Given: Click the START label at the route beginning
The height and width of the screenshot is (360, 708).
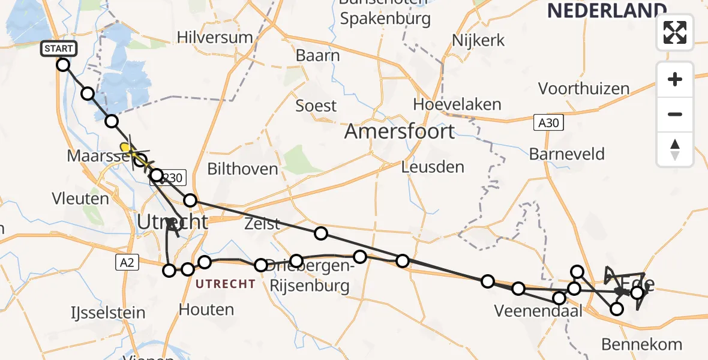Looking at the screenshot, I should point(58,49).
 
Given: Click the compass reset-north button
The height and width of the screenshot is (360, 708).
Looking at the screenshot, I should point(675,149).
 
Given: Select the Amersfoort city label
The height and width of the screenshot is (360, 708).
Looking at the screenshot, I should point(399,132).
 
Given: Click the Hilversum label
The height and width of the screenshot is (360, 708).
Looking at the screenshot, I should point(215,37).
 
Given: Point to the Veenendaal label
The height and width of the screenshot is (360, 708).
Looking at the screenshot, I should point(530,310).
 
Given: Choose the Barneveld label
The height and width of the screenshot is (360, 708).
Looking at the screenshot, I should point(566,154).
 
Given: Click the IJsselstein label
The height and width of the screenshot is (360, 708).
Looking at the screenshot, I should point(108,313).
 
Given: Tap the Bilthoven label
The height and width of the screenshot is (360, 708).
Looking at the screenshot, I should point(242,169).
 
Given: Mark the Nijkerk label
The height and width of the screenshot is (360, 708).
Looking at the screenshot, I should point(478,41).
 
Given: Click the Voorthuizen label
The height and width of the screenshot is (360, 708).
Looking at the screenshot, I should point(583,89).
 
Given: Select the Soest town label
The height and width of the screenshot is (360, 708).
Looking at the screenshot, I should point(316,106).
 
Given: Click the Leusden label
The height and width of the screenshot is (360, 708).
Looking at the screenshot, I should point(433,166).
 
